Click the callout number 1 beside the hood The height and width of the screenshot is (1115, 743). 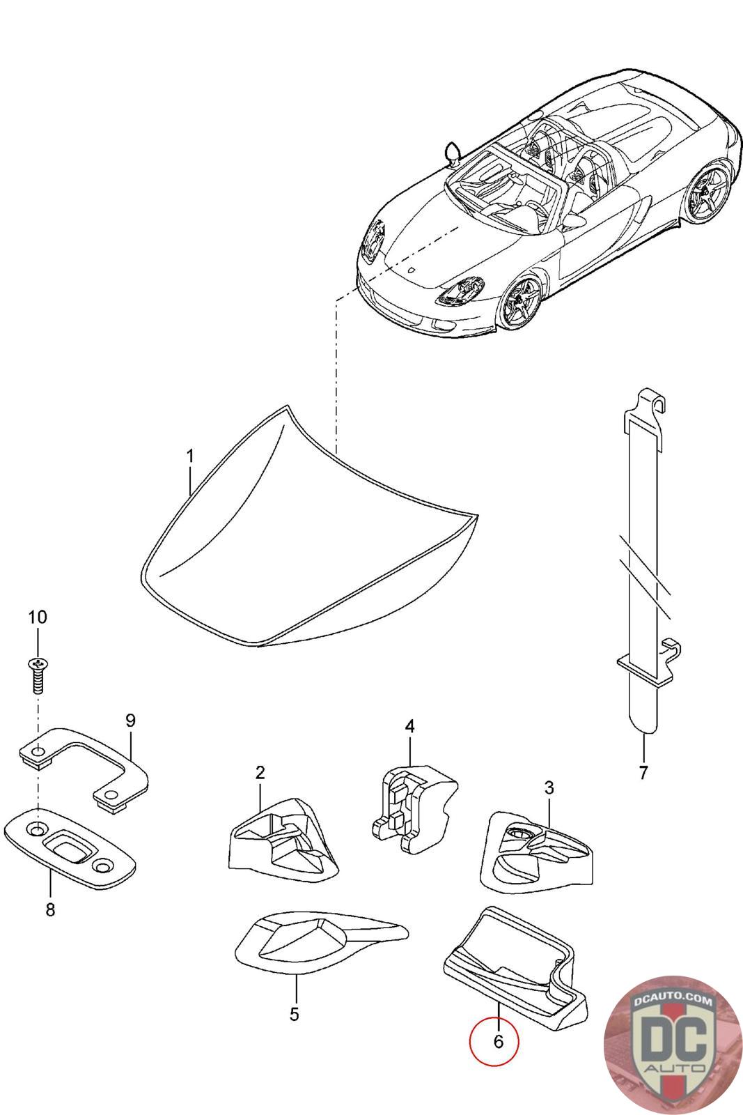point(189,456)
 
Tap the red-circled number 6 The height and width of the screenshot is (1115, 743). point(497,1041)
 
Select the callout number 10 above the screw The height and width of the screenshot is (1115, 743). point(38,617)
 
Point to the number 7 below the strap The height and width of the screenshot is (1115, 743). point(643,772)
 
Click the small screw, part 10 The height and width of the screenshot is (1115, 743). point(38,674)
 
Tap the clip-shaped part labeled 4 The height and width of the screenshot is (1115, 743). point(411,808)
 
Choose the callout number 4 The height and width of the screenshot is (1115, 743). point(409,726)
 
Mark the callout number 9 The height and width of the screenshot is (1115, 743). point(130,721)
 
